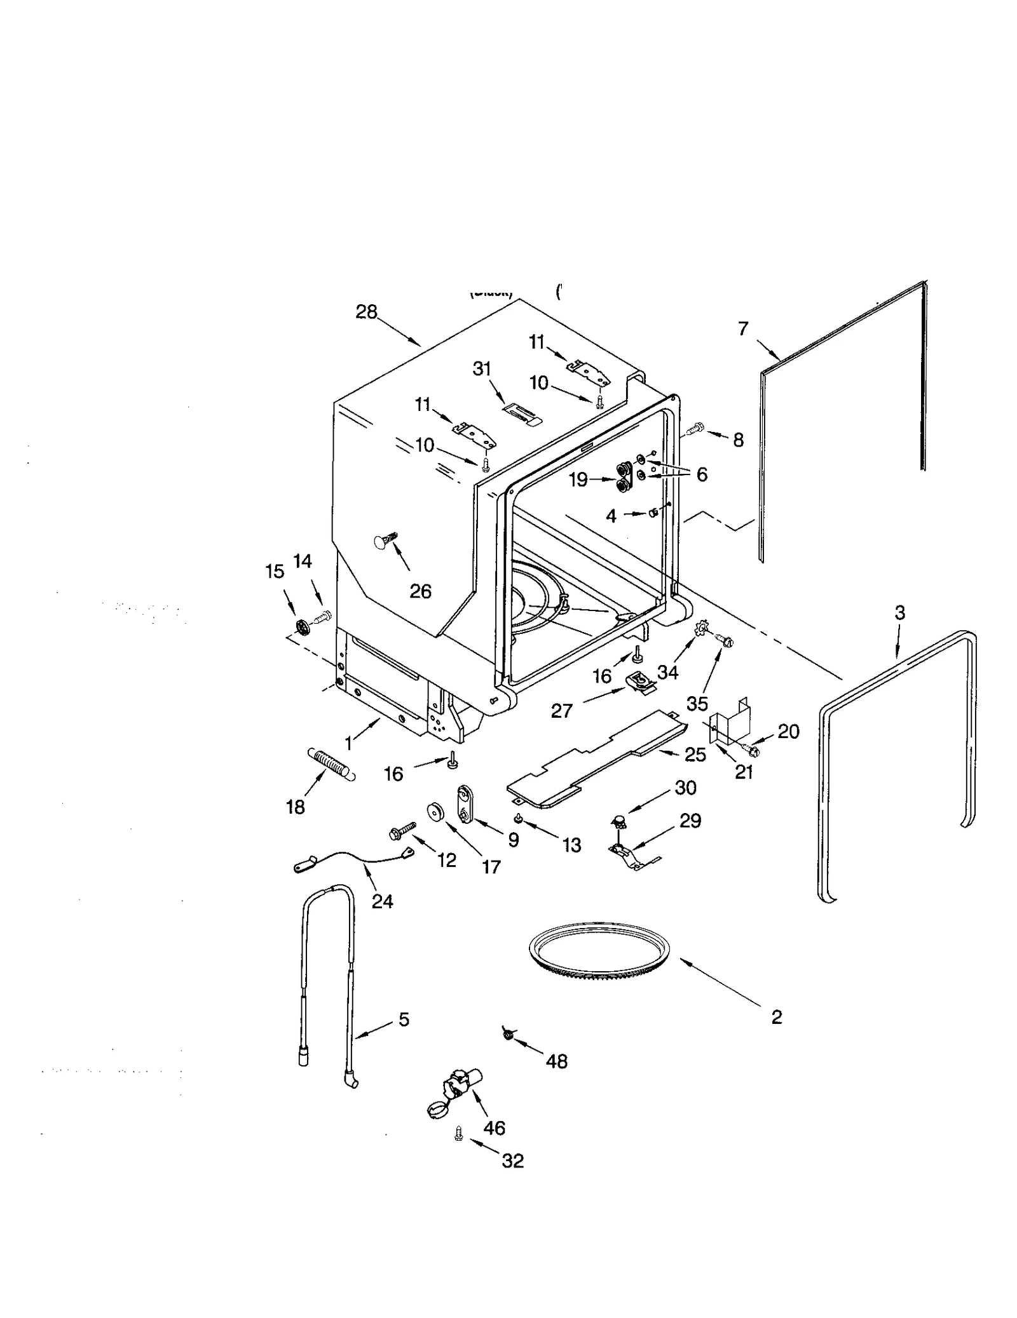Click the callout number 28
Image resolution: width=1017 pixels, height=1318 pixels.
366,312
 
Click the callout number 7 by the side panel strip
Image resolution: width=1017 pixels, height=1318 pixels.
743,328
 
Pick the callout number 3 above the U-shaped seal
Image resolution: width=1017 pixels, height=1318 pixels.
899,612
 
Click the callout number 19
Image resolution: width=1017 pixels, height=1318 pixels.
578,480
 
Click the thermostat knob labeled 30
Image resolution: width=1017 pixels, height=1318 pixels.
617,823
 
